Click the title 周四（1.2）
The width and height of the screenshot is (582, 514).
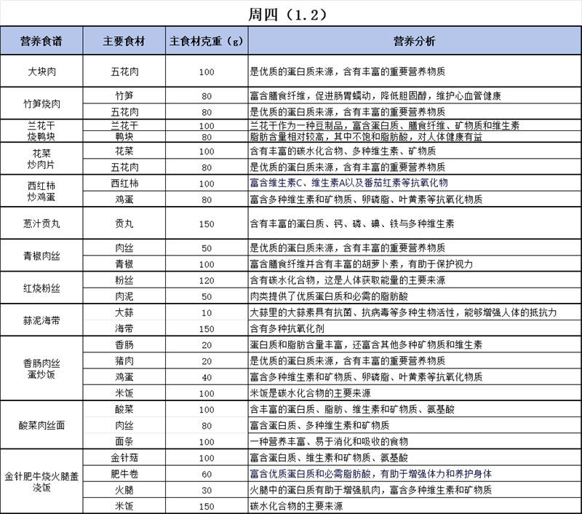point(290,14)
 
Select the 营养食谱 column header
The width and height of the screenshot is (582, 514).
point(41,41)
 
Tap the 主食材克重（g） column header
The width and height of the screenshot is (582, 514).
point(206,41)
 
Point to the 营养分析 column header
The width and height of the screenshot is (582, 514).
point(414,41)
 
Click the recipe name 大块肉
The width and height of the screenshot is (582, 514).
point(41,72)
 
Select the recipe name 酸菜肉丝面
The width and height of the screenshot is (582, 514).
point(41,425)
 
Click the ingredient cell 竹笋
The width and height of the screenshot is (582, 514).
point(124,96)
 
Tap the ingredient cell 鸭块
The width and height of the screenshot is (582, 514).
point(124,136)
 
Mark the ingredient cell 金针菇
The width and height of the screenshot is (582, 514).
point(124,458)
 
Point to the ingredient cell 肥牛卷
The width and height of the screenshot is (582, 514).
point(124,474)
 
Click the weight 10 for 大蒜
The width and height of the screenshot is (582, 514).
point(206,312)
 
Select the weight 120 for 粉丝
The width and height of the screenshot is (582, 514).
point(206,280)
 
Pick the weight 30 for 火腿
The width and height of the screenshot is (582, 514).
point(206,490)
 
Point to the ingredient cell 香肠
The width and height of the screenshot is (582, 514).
point(124,344)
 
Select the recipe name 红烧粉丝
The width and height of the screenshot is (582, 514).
point(41,288)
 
